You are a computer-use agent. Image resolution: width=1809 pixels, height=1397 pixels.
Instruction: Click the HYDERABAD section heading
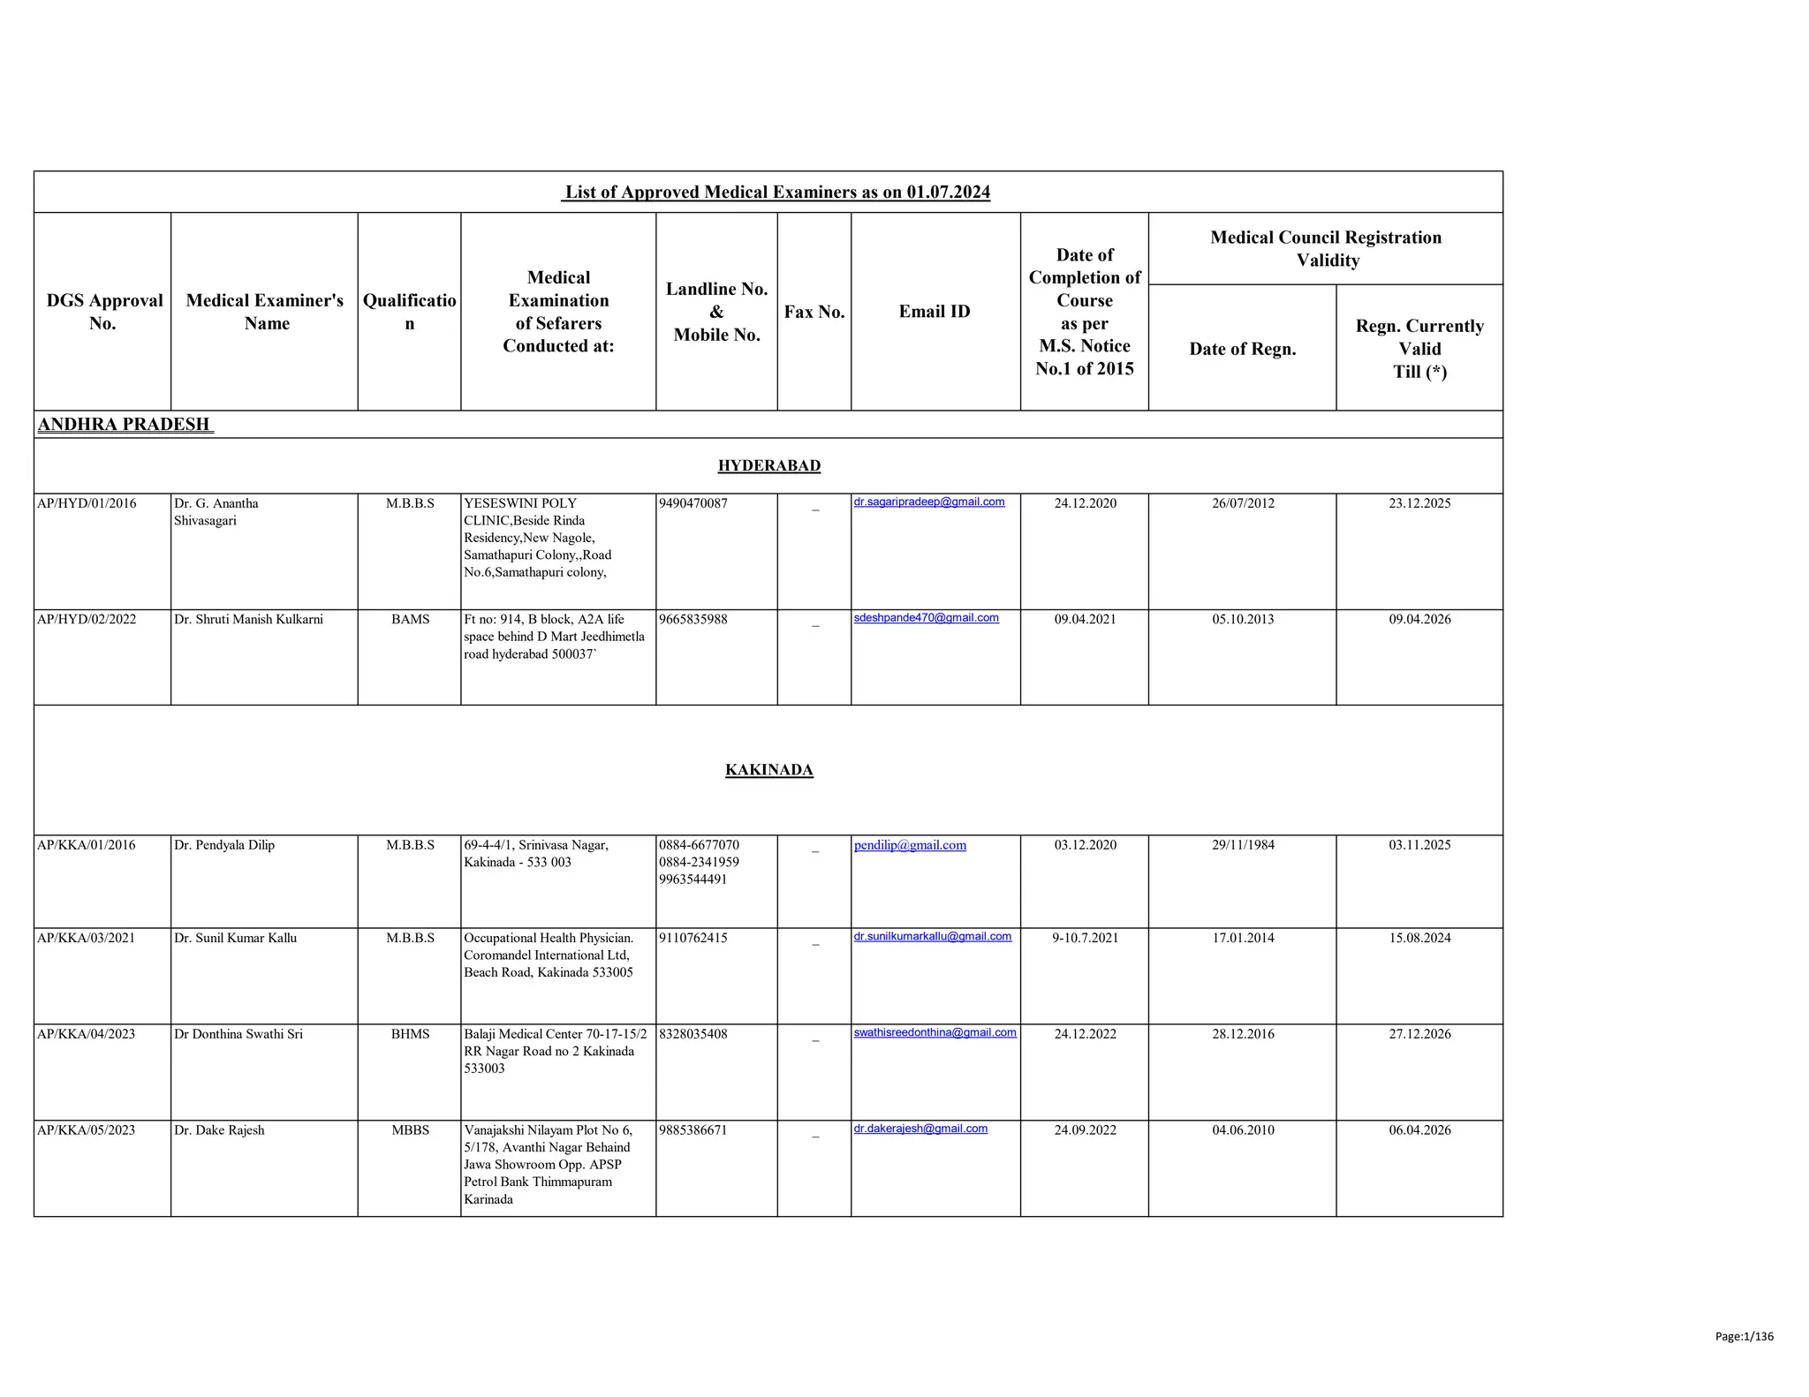pos(768,465)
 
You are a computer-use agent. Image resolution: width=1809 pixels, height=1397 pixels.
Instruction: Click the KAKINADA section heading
pos(768,770)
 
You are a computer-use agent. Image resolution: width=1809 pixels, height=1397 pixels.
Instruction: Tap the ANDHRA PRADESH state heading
pos(125,425)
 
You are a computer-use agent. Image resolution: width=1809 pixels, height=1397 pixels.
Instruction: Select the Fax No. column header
pos(814,312)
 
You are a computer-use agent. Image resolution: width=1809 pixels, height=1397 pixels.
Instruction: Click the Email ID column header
pos(934,312)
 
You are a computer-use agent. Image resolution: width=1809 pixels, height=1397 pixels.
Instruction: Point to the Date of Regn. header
pos(1242,349)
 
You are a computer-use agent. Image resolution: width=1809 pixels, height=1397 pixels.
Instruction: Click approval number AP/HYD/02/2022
pos(87,619)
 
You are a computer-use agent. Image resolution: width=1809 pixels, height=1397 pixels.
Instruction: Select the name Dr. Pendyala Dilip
pos(224,845)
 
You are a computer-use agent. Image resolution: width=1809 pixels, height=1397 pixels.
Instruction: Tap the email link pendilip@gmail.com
pos(910,845)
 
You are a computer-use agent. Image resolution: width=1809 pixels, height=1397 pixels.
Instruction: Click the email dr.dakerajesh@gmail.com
pos(920,1129)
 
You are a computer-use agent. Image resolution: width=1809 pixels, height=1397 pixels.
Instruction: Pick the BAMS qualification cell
pos(410,619)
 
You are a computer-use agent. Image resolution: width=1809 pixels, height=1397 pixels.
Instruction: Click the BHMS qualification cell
pos(410,1034)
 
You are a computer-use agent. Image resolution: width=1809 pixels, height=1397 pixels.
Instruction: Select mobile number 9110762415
pos(693,938)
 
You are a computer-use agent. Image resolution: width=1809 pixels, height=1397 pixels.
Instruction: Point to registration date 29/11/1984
pos(1243,845)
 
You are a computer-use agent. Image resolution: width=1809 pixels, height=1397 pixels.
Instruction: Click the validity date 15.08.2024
pos(1419,938)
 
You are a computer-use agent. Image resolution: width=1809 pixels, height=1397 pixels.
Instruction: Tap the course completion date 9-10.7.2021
pos(1085,938)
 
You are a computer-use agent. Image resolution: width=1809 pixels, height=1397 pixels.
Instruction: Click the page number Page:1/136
pos(1744,1336)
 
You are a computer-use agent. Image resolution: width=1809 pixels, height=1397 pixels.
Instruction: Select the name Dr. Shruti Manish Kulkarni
pos(248,619)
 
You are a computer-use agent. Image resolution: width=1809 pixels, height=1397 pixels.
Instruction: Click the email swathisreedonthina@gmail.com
pos(935,1032)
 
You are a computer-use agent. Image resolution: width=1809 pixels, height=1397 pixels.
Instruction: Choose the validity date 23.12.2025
pos(1419,503)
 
